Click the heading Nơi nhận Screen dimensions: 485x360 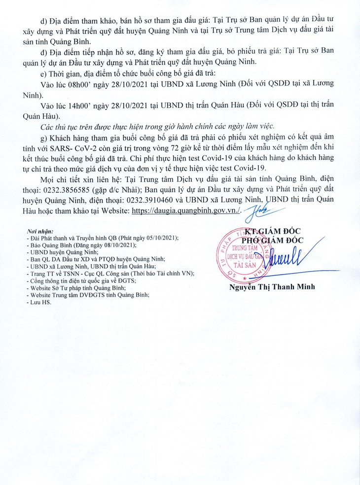41,231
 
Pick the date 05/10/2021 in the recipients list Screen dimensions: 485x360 162,238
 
